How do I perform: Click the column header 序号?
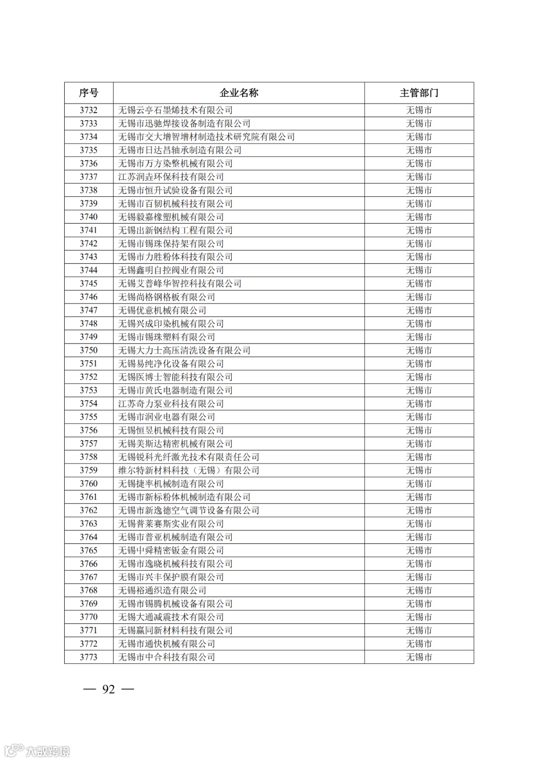(x=89, y=93)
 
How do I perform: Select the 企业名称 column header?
(x=239, y=93)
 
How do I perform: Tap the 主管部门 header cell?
(x=419, y=93)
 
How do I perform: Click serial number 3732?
(x=89, y=110)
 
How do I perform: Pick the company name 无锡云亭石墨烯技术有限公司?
(x=175, y=110)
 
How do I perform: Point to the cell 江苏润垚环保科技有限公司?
(x=171, y=177)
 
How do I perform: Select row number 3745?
(x=89, y=284)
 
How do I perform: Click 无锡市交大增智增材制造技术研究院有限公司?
(x=206, y=137)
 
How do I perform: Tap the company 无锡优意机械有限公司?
(x=162, y=310)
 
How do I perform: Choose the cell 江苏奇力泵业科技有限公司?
(x=171, y=404)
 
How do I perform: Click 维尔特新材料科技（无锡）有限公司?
(x=189, y=470)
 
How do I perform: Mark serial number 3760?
(x=89, y=484)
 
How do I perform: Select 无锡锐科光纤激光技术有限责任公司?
(x=189, y=457)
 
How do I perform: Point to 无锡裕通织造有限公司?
(x=162, y=591)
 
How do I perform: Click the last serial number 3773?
(x=89, y=657)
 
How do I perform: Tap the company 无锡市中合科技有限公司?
(x=166, y=657)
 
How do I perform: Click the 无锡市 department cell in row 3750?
(x=419, y=350)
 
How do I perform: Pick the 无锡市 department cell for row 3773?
(x=419, y=657)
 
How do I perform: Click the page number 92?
(x=109, y=689)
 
